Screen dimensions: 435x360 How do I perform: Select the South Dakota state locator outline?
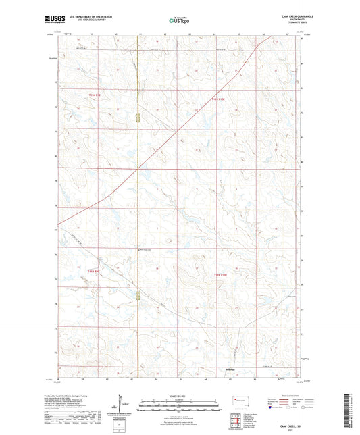click(239, 399)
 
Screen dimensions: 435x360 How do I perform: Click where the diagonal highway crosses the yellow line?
click(138, 166)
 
